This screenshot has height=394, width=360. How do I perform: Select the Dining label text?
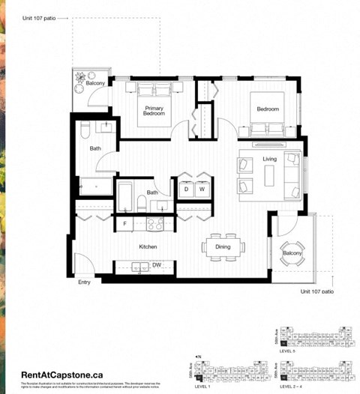point(223,246)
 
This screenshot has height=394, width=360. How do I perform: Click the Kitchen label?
point(147,246)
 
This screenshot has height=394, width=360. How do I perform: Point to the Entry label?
point(85,282)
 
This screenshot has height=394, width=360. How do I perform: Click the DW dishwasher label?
point(157,265)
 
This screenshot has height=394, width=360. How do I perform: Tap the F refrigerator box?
point(125,223)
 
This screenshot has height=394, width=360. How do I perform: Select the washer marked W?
point(201,190)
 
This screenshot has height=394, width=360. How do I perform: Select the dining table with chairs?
point(223,246)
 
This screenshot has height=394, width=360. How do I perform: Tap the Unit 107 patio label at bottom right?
point(317,291)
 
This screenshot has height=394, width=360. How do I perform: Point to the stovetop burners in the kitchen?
point(155,222)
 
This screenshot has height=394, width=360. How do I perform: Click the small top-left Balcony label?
point(95,83)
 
